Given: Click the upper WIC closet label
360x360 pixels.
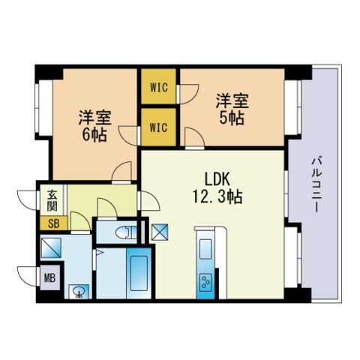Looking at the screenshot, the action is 159,88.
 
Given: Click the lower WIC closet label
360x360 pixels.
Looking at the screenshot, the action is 158,127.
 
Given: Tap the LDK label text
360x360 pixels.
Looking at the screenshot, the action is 217,179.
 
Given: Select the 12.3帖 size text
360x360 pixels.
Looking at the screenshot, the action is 217,197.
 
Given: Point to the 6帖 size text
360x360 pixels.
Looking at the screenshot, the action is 94,135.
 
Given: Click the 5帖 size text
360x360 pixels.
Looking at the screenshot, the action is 232,118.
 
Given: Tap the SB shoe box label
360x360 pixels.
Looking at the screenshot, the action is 54,223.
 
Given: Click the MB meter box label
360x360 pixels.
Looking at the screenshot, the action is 49,277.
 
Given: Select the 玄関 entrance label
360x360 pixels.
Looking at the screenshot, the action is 52,201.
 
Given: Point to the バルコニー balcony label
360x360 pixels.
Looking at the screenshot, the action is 316,184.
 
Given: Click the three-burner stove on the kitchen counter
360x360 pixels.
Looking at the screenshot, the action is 206,282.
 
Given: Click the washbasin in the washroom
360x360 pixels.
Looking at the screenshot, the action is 79,292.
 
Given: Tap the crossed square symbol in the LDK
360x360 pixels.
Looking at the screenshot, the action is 160,231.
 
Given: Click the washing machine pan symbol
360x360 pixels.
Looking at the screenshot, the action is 51,248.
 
